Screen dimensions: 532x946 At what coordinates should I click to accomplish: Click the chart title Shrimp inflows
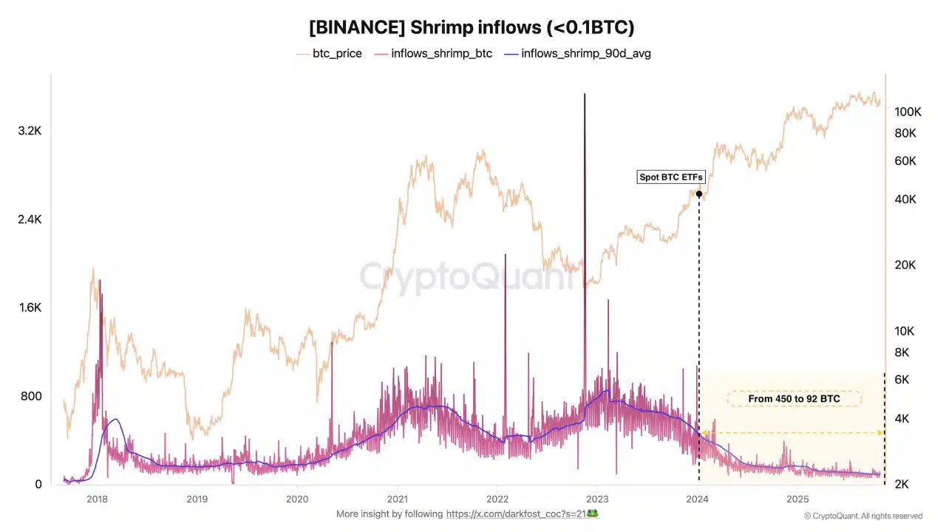pos(472,27)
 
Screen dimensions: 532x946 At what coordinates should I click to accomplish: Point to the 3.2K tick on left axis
pos(30,131)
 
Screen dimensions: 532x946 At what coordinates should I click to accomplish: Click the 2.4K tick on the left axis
pos(30,219)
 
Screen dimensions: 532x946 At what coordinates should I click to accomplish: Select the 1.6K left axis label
pos(30,307)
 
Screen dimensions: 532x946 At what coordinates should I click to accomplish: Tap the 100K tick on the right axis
pos(908,112)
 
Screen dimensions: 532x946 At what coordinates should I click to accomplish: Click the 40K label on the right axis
pos(905,199)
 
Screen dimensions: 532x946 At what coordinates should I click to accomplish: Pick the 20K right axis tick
pos(905,265)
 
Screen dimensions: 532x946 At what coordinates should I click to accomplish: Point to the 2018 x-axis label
pos(97,499)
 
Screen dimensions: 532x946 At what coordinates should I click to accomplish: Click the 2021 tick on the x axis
pos(398,499)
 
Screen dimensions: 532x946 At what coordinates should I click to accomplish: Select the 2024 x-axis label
pos(698,499)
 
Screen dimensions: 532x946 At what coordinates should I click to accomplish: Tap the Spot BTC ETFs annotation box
pos(671,177)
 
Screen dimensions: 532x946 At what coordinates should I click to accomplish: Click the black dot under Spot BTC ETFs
pos(699,194)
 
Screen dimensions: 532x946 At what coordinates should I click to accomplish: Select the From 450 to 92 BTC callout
pos(794,399)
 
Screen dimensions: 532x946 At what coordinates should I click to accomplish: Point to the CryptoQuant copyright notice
pos(862,516)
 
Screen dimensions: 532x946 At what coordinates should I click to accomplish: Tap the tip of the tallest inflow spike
pos(585,95)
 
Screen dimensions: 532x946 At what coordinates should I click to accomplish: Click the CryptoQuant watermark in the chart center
pos(467,277)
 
